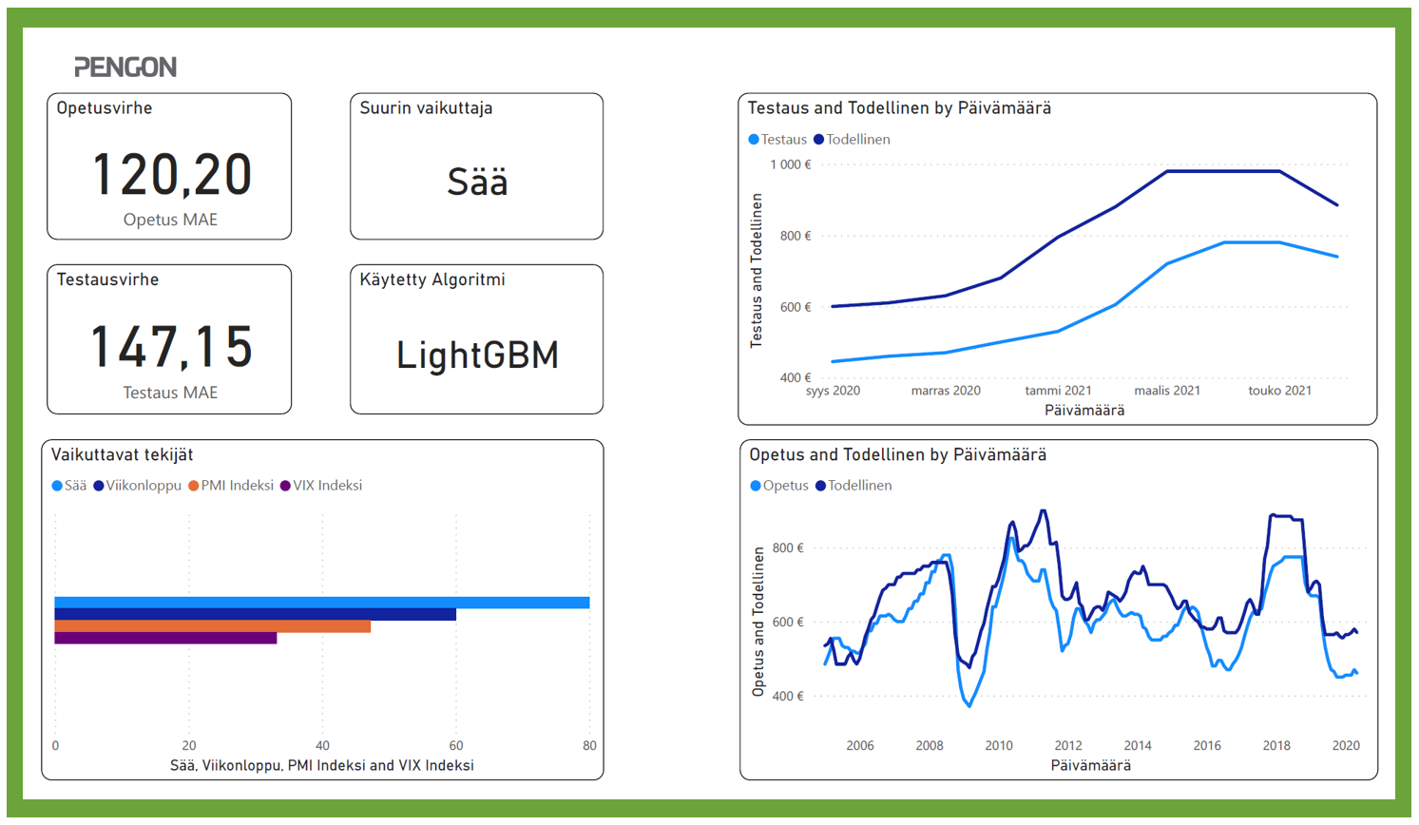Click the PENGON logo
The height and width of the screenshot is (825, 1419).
[x=125, y=67]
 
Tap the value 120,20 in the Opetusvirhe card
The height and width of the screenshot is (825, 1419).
[x=172, y=175]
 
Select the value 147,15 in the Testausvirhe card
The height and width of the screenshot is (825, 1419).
[x=172, y=346]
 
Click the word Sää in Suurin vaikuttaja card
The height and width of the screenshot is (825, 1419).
[x=477, y=182]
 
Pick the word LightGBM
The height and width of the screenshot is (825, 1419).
[x=477, y=355]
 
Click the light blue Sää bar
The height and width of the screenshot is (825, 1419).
[x=322, y=603]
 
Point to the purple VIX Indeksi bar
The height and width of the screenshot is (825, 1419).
[x=165, y=638]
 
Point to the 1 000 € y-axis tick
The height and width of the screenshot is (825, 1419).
[x=791, y=164]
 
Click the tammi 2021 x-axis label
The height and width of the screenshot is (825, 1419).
[x=1058, y=391]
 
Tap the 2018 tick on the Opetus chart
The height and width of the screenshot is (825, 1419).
[x=1276, y=745]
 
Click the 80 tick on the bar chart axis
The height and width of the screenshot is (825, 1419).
[x=589, y=745]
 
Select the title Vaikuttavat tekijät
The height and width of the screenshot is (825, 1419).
[x=122, y=455]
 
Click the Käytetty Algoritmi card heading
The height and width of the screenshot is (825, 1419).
[x=432, y=279]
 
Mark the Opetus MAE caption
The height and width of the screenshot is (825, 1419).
[x=170, y=220]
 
